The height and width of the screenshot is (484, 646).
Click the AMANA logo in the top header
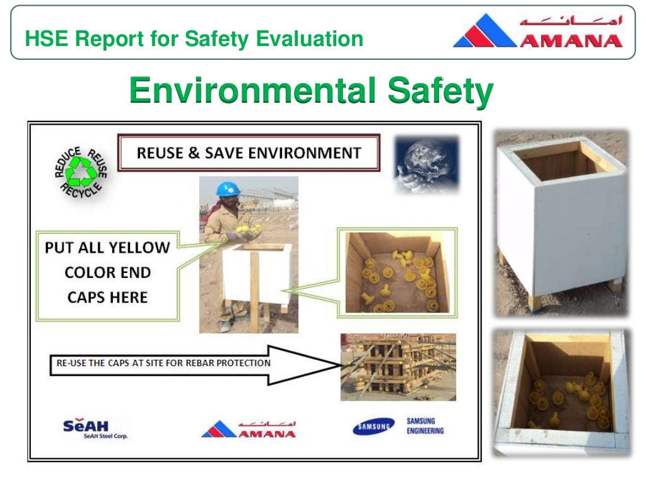pos(537,32)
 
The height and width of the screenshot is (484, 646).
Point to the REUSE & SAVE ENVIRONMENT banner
pos(249,153)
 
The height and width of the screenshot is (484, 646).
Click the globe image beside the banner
pos(426,164)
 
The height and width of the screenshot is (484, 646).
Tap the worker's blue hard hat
pos(228,188)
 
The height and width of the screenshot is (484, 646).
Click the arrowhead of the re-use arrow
pos(315,364)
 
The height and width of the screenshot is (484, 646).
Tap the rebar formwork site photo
pos(397,367)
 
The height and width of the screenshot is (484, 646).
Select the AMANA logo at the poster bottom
pos(249,429)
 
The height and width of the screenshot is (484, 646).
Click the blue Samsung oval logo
pos(373,427)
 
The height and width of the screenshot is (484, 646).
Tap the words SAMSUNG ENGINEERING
pos(425,426)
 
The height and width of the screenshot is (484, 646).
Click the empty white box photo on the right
pos(561,221)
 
